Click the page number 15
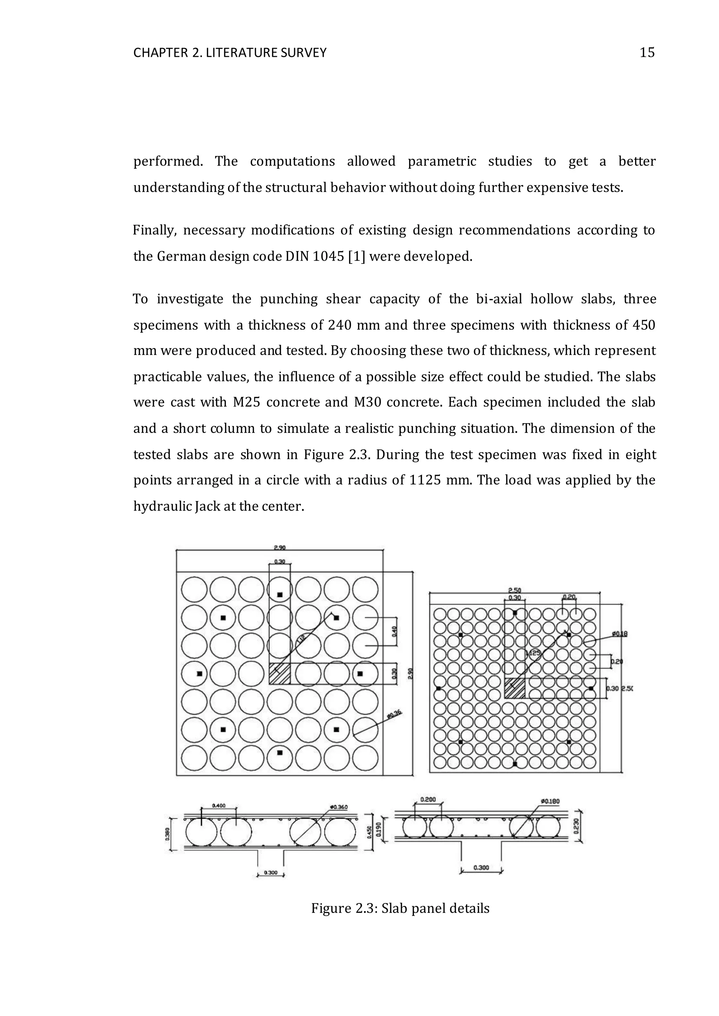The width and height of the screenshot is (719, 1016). click(647, 53)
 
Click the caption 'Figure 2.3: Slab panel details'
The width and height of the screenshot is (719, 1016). click(400, 908)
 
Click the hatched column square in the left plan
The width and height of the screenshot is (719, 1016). click(279, 674)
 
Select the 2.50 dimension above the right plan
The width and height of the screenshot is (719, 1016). click(514, 590)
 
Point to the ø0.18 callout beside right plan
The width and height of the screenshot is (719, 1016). click(619, 634)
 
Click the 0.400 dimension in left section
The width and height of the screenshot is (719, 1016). click(219, 806)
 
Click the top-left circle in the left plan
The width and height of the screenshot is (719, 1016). click(194, 590)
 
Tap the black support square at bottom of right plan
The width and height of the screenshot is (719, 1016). click(514, 764)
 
